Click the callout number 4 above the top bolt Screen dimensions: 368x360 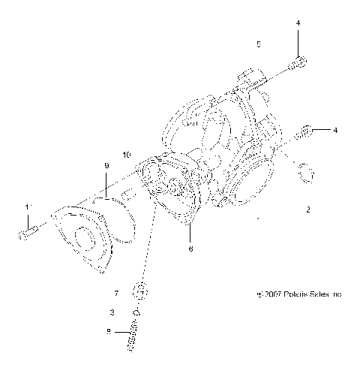pos(298,24)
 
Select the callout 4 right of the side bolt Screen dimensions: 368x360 pos(335,130)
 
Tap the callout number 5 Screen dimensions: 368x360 pos(259,45)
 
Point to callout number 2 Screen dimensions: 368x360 pos(307,212)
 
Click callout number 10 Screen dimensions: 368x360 pos(126,155)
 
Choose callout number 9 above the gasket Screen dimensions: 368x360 pos(106,165)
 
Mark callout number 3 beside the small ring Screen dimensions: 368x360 pos(112,312)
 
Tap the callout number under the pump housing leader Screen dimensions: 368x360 pos(190,249)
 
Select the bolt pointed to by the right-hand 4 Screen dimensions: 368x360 pos(304,133)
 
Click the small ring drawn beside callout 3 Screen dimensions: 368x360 pos(136,312)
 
